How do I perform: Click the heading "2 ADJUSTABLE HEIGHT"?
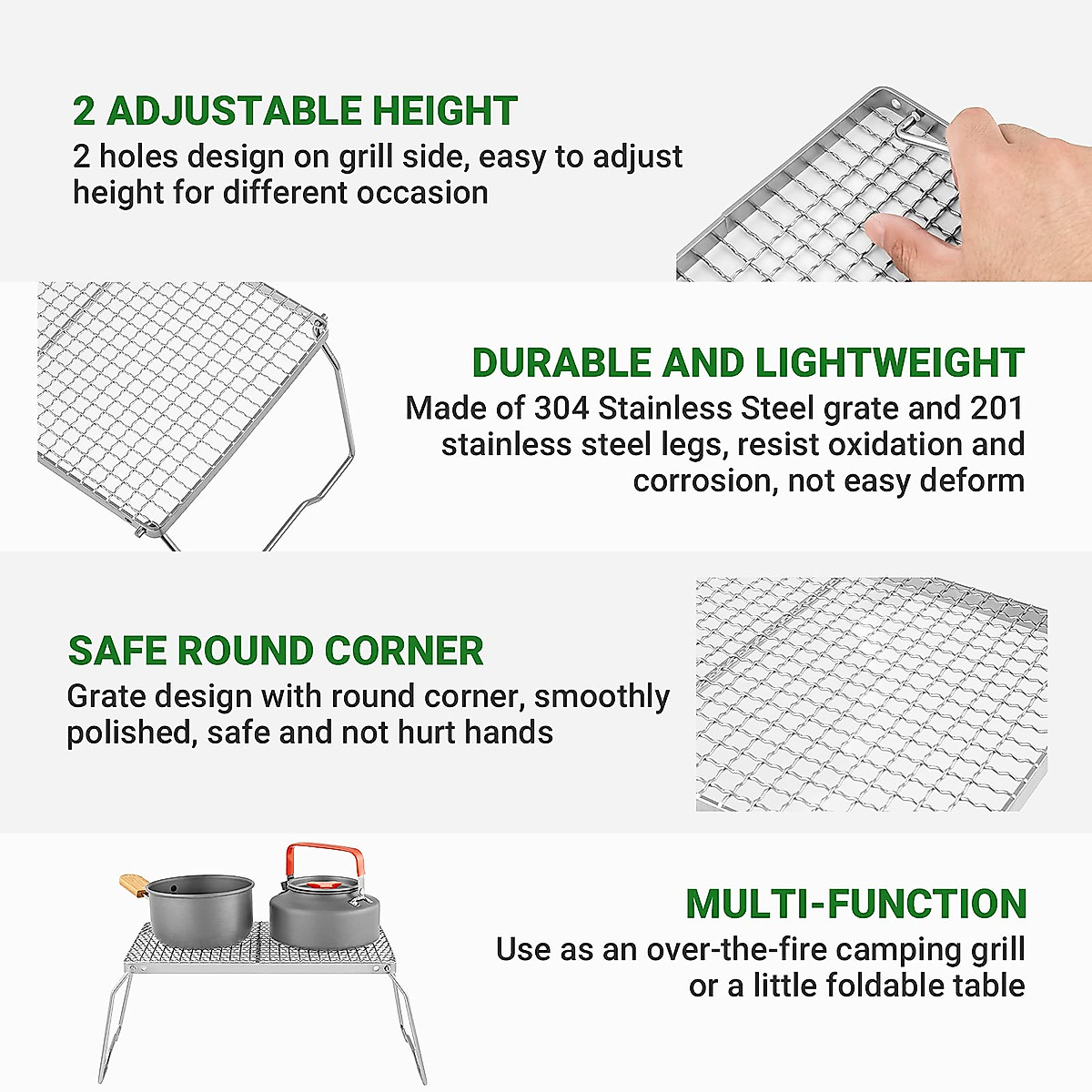point(295,111)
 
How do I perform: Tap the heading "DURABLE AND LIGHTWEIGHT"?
point(747,363)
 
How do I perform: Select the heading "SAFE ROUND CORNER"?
point(275,652)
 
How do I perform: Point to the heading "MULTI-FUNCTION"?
point(855,905)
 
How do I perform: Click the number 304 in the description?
point(561,409)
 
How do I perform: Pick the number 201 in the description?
point(997,409)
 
